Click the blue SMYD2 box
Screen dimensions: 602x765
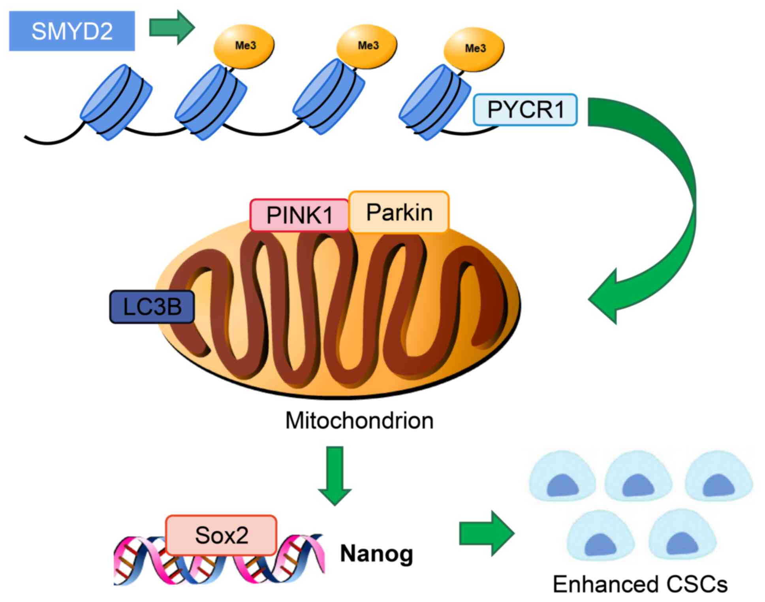click(72, 31)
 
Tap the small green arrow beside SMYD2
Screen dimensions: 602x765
click(172, 27)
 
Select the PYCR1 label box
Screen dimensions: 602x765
click(525, 110)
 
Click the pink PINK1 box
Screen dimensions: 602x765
click(299, 215)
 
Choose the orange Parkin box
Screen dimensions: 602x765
click(399, 212)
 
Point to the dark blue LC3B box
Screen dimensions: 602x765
click(152, 307)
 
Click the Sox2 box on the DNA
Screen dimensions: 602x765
click(221, 535)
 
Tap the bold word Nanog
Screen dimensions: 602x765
click(376, 553)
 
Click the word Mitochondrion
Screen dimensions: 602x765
click(359, 421)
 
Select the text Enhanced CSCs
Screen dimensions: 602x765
click(640, 584)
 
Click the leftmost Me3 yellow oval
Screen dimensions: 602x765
click(244, 46)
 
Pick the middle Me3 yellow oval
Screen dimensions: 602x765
click(367, 46)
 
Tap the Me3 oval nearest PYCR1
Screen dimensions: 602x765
click(474, 49)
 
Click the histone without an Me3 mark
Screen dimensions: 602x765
click(117, 102)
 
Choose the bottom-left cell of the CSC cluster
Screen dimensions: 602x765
click(600, 535)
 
